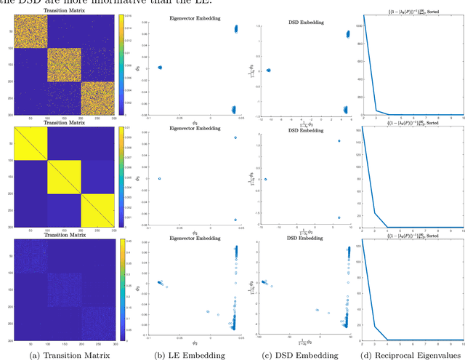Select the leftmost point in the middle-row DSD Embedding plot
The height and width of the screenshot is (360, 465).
[265, 179]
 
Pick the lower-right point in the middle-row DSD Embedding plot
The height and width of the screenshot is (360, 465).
[339, 217]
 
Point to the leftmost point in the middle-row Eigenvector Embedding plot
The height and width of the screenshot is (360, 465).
[159, 178]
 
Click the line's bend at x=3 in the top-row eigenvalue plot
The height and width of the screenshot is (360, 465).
[376, 111]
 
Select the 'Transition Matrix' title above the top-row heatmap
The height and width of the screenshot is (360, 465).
[65, 12]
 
